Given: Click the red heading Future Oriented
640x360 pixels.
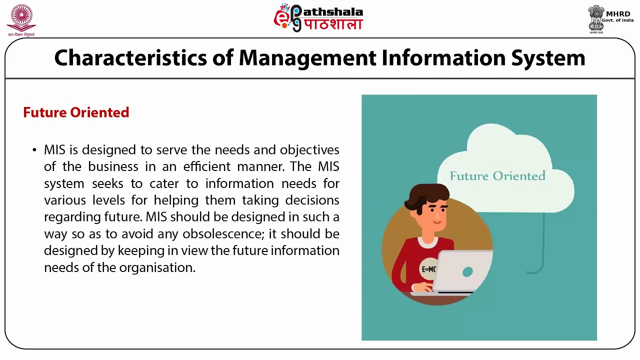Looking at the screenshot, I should point(76,112).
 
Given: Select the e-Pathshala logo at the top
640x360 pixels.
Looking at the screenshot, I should point(318,18).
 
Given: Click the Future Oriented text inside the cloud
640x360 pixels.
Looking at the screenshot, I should point(497,176).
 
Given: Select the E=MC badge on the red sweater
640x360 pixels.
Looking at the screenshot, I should point(429,269).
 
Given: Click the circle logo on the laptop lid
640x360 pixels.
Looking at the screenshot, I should point(467,271).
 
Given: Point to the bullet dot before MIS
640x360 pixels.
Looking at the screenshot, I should point(34,150).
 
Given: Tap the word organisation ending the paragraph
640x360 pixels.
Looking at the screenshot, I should point(156,267).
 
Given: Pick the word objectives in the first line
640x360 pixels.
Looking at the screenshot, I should point(309,150).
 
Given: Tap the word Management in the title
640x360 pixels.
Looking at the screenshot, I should point(307,58).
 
